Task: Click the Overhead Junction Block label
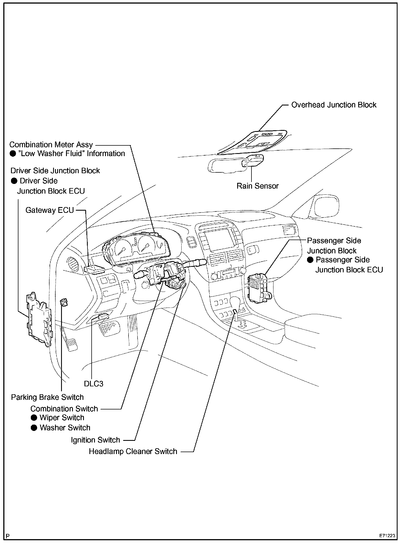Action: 334,105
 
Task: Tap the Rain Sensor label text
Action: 258,186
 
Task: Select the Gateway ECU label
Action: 50,210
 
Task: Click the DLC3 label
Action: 94,384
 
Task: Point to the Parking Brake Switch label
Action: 47,397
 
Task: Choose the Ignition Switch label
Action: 95,440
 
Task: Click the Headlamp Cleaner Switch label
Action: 133,452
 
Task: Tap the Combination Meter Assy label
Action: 51,145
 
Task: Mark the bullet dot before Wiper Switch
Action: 34,418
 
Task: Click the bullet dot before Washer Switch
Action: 34,428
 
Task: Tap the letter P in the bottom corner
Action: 8,536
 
